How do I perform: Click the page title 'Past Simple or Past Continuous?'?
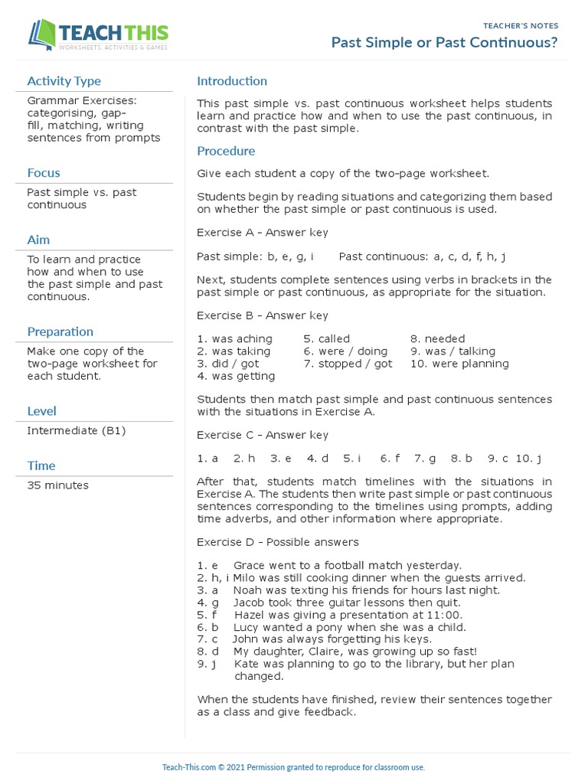pyautogui.click(x=444, y=43)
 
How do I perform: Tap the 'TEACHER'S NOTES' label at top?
pyautogui.click(x=521, y=25)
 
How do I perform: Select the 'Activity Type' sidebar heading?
pyautogui.click(x=64, y=81)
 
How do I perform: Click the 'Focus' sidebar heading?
pyautogui.click(x=44, y=173)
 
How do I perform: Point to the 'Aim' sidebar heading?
pyautogui.click(x=38, y=240)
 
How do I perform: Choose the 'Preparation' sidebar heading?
pyautogui.click(x=60, y=332)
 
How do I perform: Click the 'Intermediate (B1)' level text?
pyautogui.click(x=77, y=430)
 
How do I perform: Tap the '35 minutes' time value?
pyautogui.click(x=57, y=485)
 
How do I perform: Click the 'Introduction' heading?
pyautogui.click(x=232, y=81)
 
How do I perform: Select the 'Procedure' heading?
pyautogui.click(x=226, y=151)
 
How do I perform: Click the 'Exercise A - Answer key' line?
pyautogui.click(x=263, y=232)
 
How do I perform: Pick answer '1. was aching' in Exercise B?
pyautogui.click(x=234, y=338)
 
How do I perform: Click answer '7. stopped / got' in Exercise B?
pyautogui.click(x=348, y=364)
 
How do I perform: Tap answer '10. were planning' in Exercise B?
pyautogui.click(x=459, y=364)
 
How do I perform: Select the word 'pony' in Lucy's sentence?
pyautogui.click(x=323, y=626)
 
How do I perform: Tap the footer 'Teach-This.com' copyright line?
pyautogui.click(x=293, y=767)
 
